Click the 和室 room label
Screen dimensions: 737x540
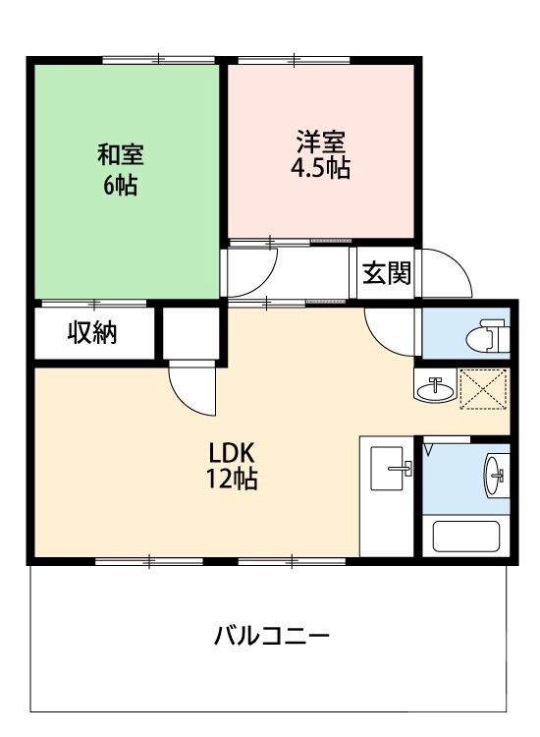[121, 154]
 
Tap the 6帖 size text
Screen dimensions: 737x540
[121, 184]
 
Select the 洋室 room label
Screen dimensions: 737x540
[319, 141]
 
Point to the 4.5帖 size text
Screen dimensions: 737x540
[320, 168]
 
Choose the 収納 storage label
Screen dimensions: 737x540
[92, 334]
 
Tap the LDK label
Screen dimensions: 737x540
[232, 454]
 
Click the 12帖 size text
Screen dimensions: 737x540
[233, 482]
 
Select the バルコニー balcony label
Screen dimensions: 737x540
[273, 636]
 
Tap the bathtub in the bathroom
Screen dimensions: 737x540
[467, 538]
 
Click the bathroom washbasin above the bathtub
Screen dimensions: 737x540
[494, 478]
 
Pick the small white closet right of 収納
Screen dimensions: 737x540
[190, 334]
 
